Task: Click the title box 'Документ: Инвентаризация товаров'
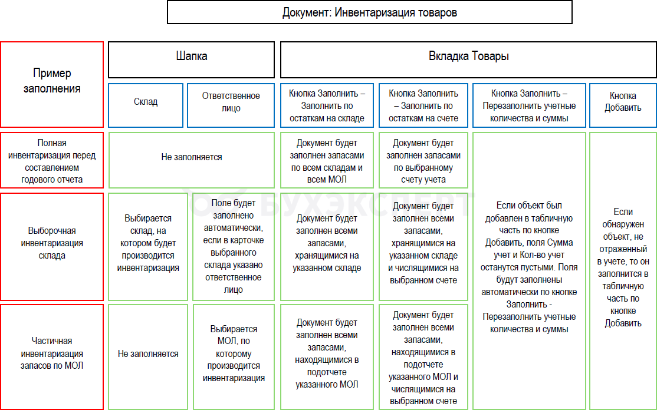coord(369,12)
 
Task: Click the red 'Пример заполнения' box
coord(52,84)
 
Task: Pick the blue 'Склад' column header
coord(146,105)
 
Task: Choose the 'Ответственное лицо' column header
coord(231,105)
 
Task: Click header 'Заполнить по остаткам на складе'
coord(327,105)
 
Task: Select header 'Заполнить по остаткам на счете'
coord(423,105)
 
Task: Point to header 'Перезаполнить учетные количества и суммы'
coord(529,105)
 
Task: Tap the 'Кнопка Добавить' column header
coord(623,105)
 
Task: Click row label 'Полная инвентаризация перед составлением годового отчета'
coord(52,160)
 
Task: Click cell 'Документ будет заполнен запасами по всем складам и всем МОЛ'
coord(327,160)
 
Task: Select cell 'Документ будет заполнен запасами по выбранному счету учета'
coord(423,160)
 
